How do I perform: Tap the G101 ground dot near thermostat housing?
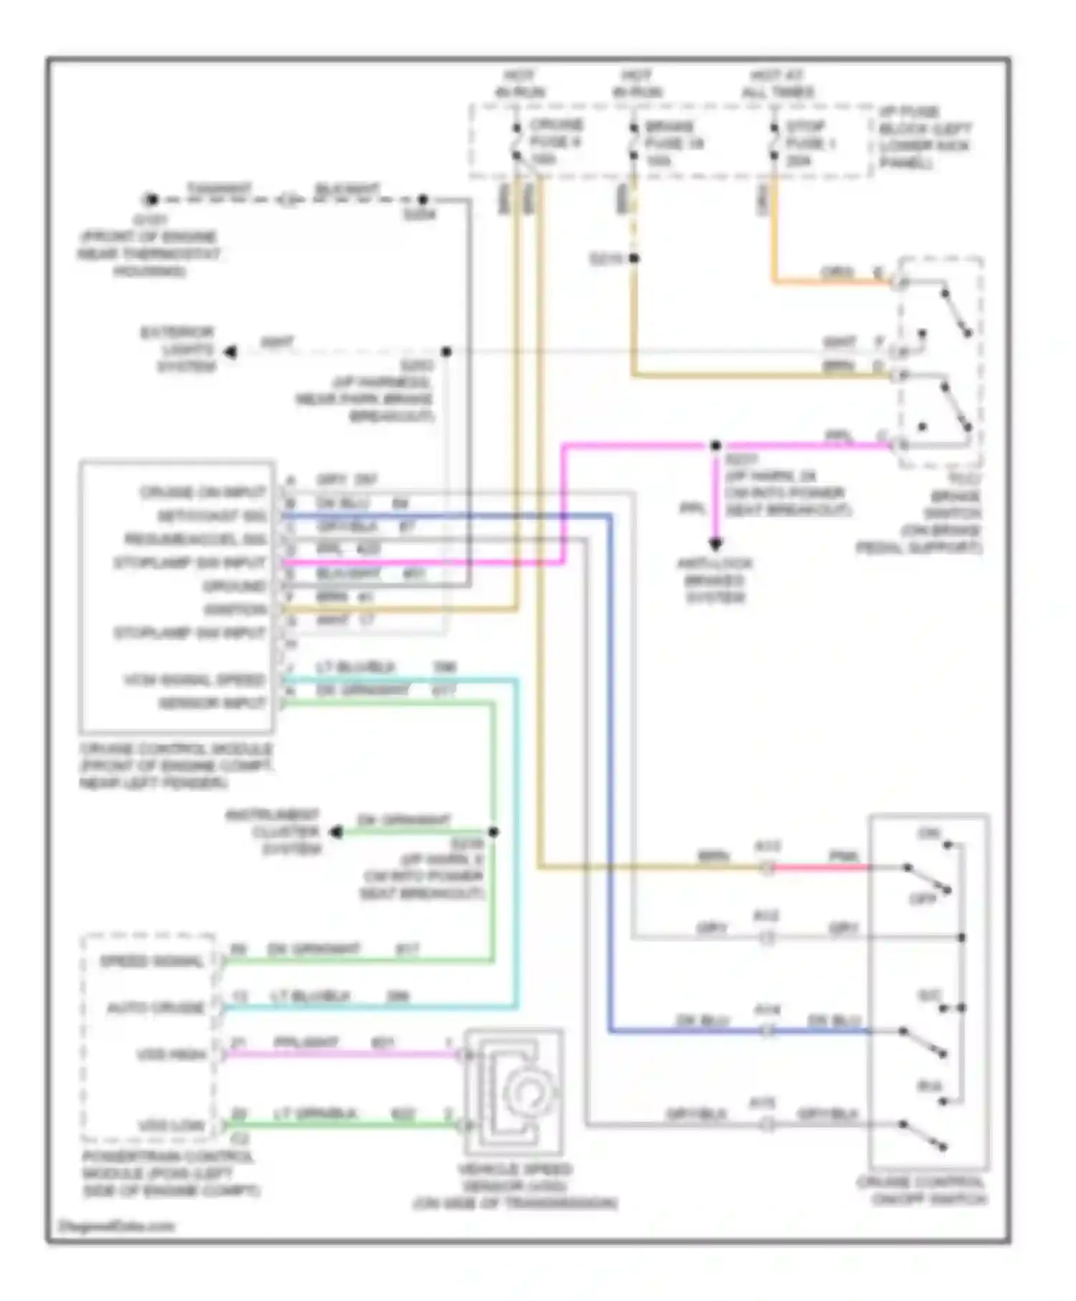click(150, 199)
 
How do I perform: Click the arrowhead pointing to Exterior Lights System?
click(230, 351)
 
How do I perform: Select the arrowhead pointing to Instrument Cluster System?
click(336, 832)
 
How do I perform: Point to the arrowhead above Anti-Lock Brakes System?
click(715, 543)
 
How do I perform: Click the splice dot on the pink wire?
click(715, 446)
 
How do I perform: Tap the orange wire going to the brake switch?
click(832, 281)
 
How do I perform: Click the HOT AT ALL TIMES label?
click(778, 84)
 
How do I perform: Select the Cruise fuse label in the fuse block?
click(556, 141)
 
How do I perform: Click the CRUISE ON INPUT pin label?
click(203, 493)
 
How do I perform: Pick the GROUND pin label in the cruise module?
click(234, 587)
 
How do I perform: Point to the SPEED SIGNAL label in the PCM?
click(151, 962)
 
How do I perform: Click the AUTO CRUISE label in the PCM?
click(156, 1008)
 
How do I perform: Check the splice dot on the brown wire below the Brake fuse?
click(633, 258)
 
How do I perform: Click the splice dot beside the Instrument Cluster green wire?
click(494, 832)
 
